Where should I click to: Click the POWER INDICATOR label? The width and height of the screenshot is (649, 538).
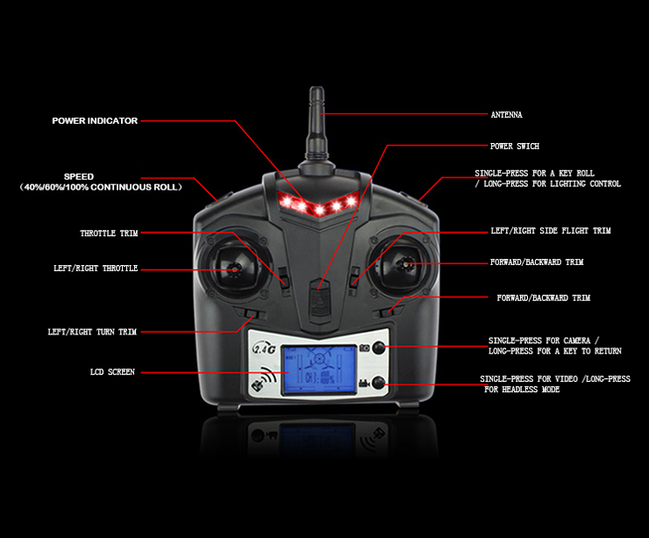[95, 121]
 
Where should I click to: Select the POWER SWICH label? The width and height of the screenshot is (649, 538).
[514, 146]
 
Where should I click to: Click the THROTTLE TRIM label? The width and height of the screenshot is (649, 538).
[109, 233]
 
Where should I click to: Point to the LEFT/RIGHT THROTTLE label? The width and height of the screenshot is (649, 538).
[95, 269]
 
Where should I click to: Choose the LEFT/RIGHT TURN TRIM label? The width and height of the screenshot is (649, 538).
[92, 333]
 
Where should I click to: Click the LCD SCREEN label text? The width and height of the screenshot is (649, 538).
[112, 373]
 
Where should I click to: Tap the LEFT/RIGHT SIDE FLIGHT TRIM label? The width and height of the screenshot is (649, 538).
[550, 231]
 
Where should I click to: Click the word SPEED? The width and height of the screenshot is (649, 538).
[78, 176]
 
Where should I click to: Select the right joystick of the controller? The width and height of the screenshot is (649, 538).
[405, 263]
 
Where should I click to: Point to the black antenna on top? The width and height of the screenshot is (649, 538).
[316, 132]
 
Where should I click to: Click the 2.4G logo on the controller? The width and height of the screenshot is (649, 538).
[264, 348]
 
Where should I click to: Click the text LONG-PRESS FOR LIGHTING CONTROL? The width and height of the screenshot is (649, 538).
[552, 184]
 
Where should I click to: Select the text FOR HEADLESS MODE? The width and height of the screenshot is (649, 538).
[522, 389]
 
